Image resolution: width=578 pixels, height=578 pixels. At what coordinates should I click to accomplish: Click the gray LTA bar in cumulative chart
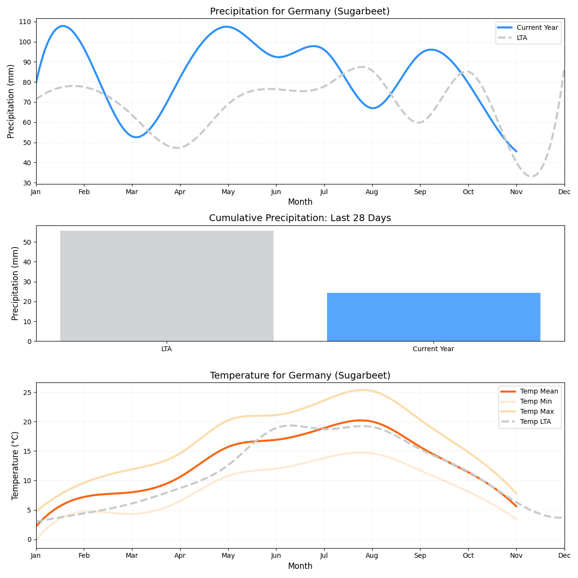(x=167, y=286)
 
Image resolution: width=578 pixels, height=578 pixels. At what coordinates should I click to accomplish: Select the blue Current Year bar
(x=433, y=317)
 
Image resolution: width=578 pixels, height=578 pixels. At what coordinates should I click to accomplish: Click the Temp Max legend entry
(x=537, y=411)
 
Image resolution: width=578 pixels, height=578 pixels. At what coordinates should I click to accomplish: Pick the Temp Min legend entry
(x=536, y=401)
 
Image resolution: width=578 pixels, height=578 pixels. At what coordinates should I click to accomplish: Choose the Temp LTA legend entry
(x=535, y=422)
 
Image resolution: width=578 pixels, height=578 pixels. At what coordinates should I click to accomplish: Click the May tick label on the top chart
(x=228, y=192)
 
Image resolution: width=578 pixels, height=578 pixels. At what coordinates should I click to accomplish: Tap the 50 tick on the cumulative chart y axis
(x=27, y=242)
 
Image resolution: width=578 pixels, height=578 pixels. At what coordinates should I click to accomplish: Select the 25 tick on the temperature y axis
(x=27, y=393)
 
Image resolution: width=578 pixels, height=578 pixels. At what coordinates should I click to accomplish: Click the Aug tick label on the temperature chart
(x=372, y=556)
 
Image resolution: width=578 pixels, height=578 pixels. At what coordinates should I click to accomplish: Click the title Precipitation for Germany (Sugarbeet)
(x=300, y=12)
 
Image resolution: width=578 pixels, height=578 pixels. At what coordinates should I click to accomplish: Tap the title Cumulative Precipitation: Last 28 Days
(x=300, y=218)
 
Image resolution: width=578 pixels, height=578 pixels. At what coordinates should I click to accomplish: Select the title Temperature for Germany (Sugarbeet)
(x=300, y=376)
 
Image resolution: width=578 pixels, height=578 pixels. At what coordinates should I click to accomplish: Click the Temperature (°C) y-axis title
(x=15, y=465)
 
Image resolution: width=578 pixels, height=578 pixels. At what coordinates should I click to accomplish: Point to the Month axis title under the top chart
(x=300, y=202)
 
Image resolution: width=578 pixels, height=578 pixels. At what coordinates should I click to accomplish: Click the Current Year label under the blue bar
(x=433, y=349)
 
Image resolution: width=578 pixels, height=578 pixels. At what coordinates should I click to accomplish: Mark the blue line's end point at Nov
(x=516, y=151)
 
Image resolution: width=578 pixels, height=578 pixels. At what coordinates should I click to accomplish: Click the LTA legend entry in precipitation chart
(x=522, y=38)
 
